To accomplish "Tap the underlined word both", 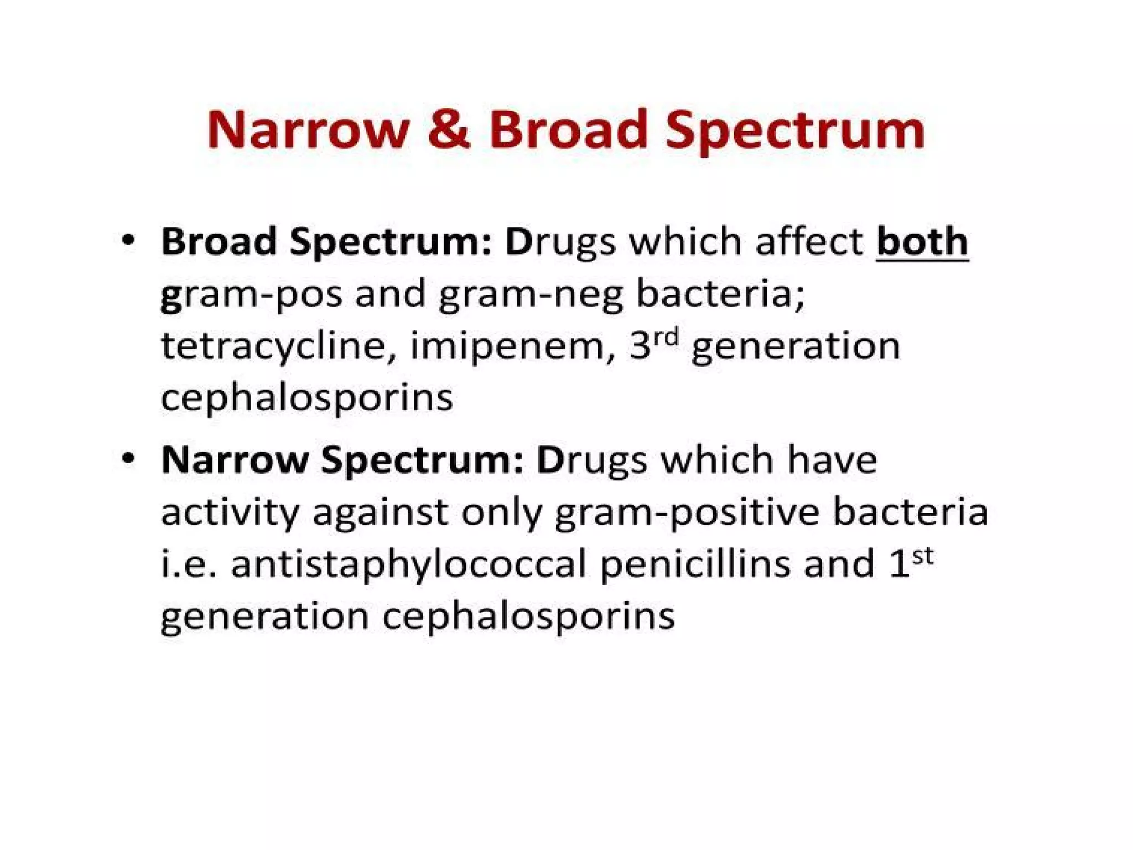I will pos(922,242).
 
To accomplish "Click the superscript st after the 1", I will pos(922,555).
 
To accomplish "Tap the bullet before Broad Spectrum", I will pos(128,241).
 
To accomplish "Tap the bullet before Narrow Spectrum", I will pos(128,459).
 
